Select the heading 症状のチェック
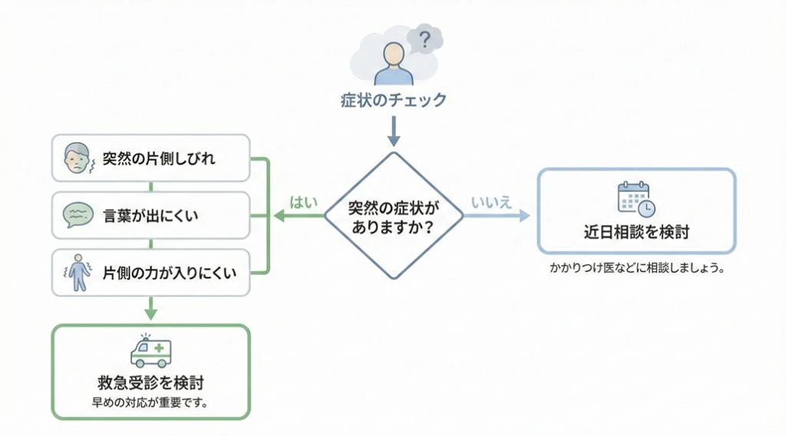(x=393, y=101)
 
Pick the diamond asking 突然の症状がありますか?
(x=393, y=216)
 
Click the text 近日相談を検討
(x=636, y=232)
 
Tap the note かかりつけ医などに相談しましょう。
(x=636, y=270)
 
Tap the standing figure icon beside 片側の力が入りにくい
(x=77, y=273)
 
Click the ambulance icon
(x=150, y=352)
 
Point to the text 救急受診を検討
(x=150, y=382)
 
